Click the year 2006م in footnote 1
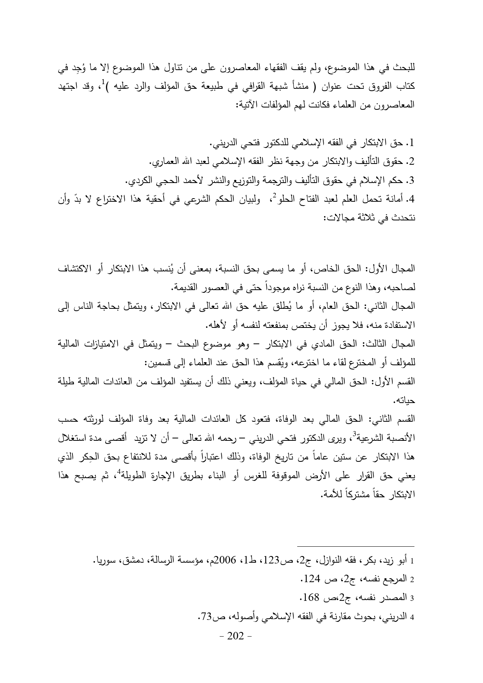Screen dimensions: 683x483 tap(240, 561)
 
